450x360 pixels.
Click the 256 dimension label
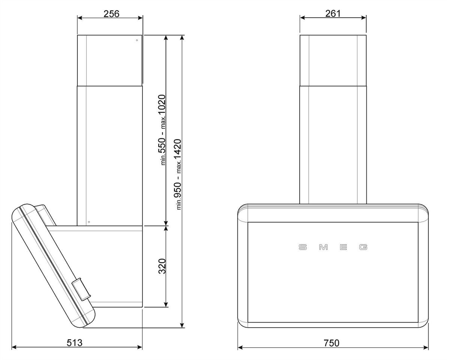[111, 14]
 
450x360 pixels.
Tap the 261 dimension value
[333, 13]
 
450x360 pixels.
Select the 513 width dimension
[75, 343]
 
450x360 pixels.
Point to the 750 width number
[331, 343]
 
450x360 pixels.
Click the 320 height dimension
[162, 266]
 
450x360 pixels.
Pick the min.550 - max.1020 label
[162, 130]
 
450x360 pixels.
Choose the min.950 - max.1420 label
[178, 174]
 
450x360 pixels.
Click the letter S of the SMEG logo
[303, 247]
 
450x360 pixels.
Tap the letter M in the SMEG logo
[323, 247]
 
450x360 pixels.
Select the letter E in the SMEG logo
[343, 247]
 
